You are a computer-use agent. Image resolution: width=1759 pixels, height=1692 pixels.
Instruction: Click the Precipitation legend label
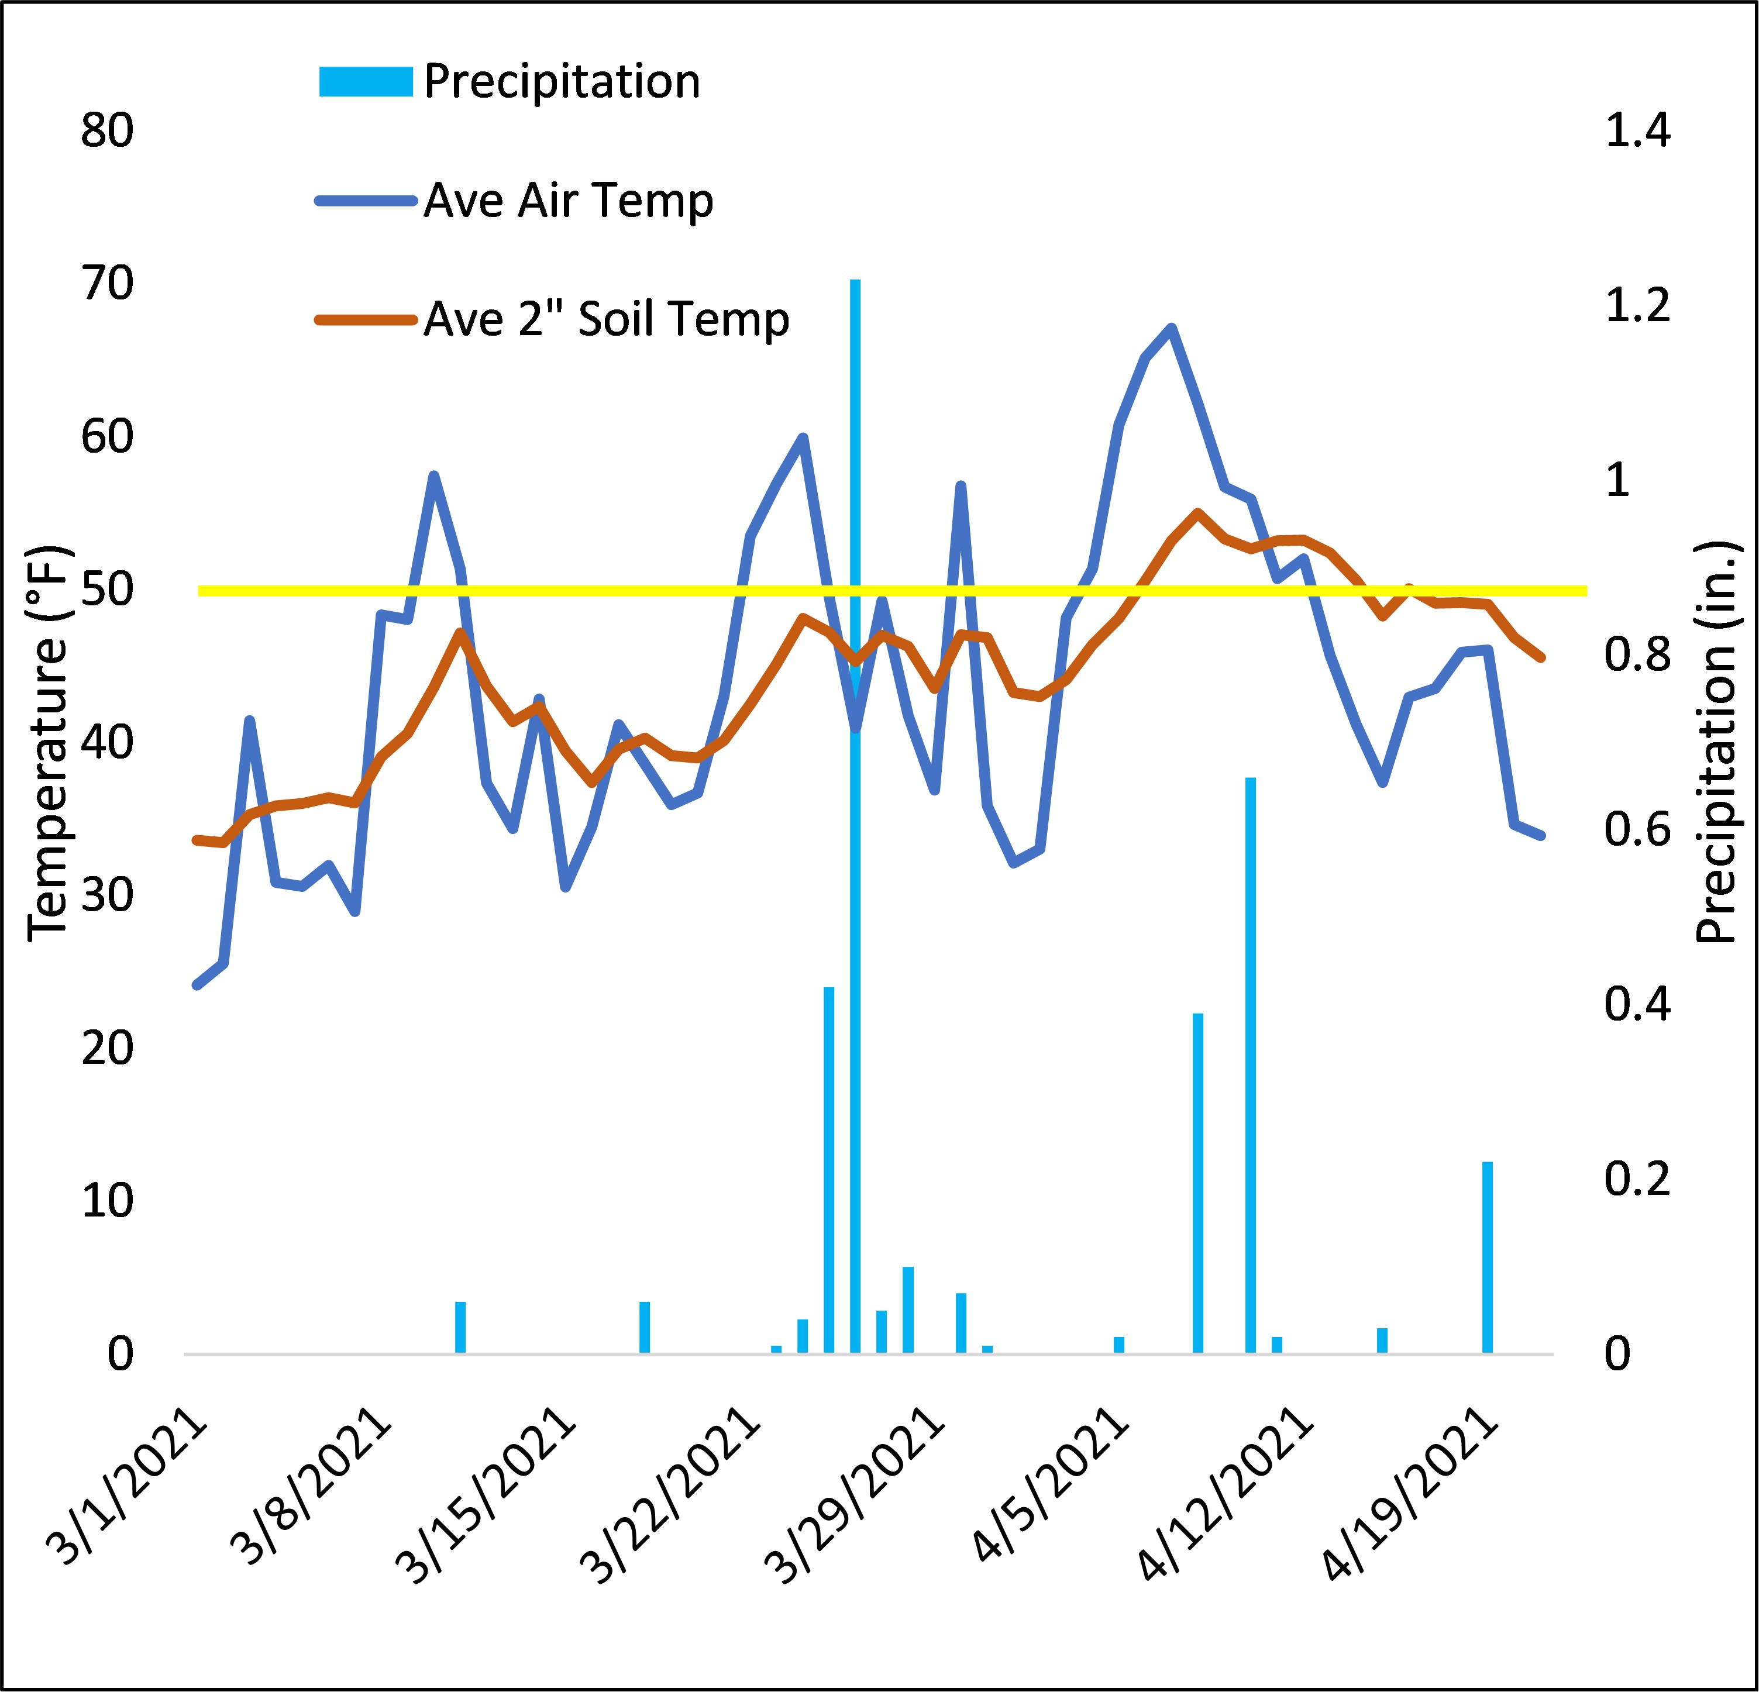561,82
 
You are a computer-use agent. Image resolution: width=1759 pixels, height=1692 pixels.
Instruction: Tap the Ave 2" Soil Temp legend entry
606,319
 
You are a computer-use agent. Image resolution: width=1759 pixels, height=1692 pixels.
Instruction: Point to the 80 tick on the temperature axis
107,131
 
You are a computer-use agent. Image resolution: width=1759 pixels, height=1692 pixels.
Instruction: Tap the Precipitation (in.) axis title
1715,743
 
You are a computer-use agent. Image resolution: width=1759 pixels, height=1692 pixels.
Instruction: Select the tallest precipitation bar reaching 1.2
855,808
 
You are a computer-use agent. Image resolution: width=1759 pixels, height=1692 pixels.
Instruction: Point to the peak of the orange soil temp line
1197,512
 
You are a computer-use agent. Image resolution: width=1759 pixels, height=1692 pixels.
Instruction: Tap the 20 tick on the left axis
107,1049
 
